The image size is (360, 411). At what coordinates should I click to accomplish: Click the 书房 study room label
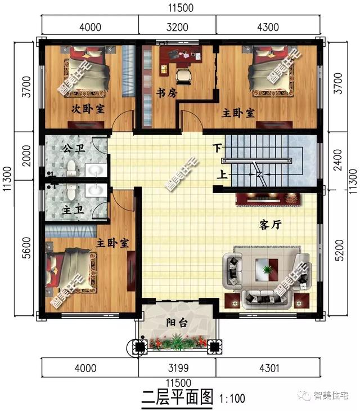coord(167,93)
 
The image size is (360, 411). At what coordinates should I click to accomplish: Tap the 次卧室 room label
coord(88,109)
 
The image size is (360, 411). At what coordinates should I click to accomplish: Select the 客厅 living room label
coord(270,224)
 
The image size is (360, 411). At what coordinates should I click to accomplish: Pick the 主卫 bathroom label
coord(71,209)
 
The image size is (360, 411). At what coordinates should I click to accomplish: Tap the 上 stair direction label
coord(223,175)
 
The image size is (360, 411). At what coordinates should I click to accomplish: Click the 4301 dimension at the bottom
coord(272,369)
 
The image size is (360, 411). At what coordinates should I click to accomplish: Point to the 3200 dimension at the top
coord(177,25)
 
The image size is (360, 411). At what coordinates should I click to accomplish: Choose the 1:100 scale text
coord(232,399)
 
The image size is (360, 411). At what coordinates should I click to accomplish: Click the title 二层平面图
coord(176,397)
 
